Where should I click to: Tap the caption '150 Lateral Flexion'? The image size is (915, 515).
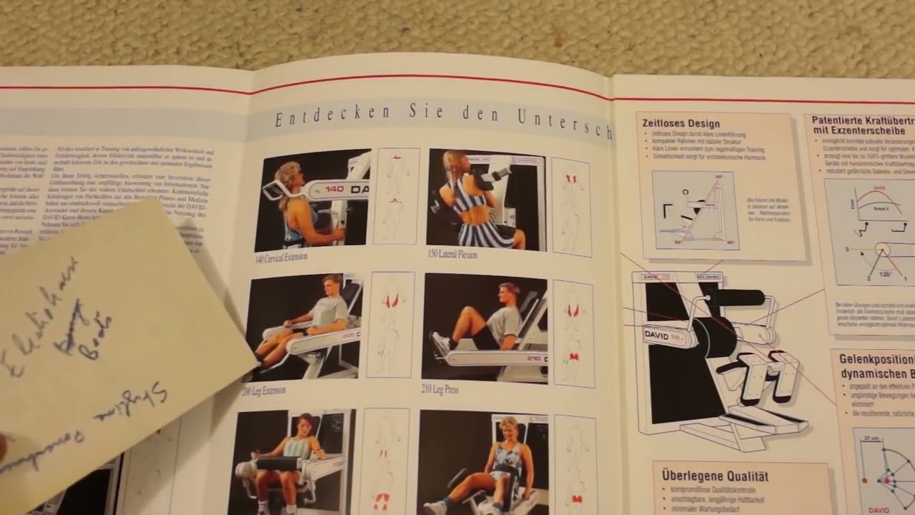tap(452, 254)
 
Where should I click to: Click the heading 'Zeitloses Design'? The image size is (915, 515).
tap(681, 123)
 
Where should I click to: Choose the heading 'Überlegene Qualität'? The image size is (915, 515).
tap(716, 476)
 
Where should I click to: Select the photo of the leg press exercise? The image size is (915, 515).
tap(484, 327)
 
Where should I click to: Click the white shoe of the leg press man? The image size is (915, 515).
tap(440, 345)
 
